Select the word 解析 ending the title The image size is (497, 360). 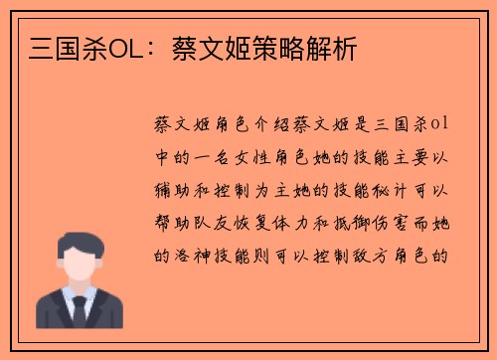(x=334, y=47)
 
